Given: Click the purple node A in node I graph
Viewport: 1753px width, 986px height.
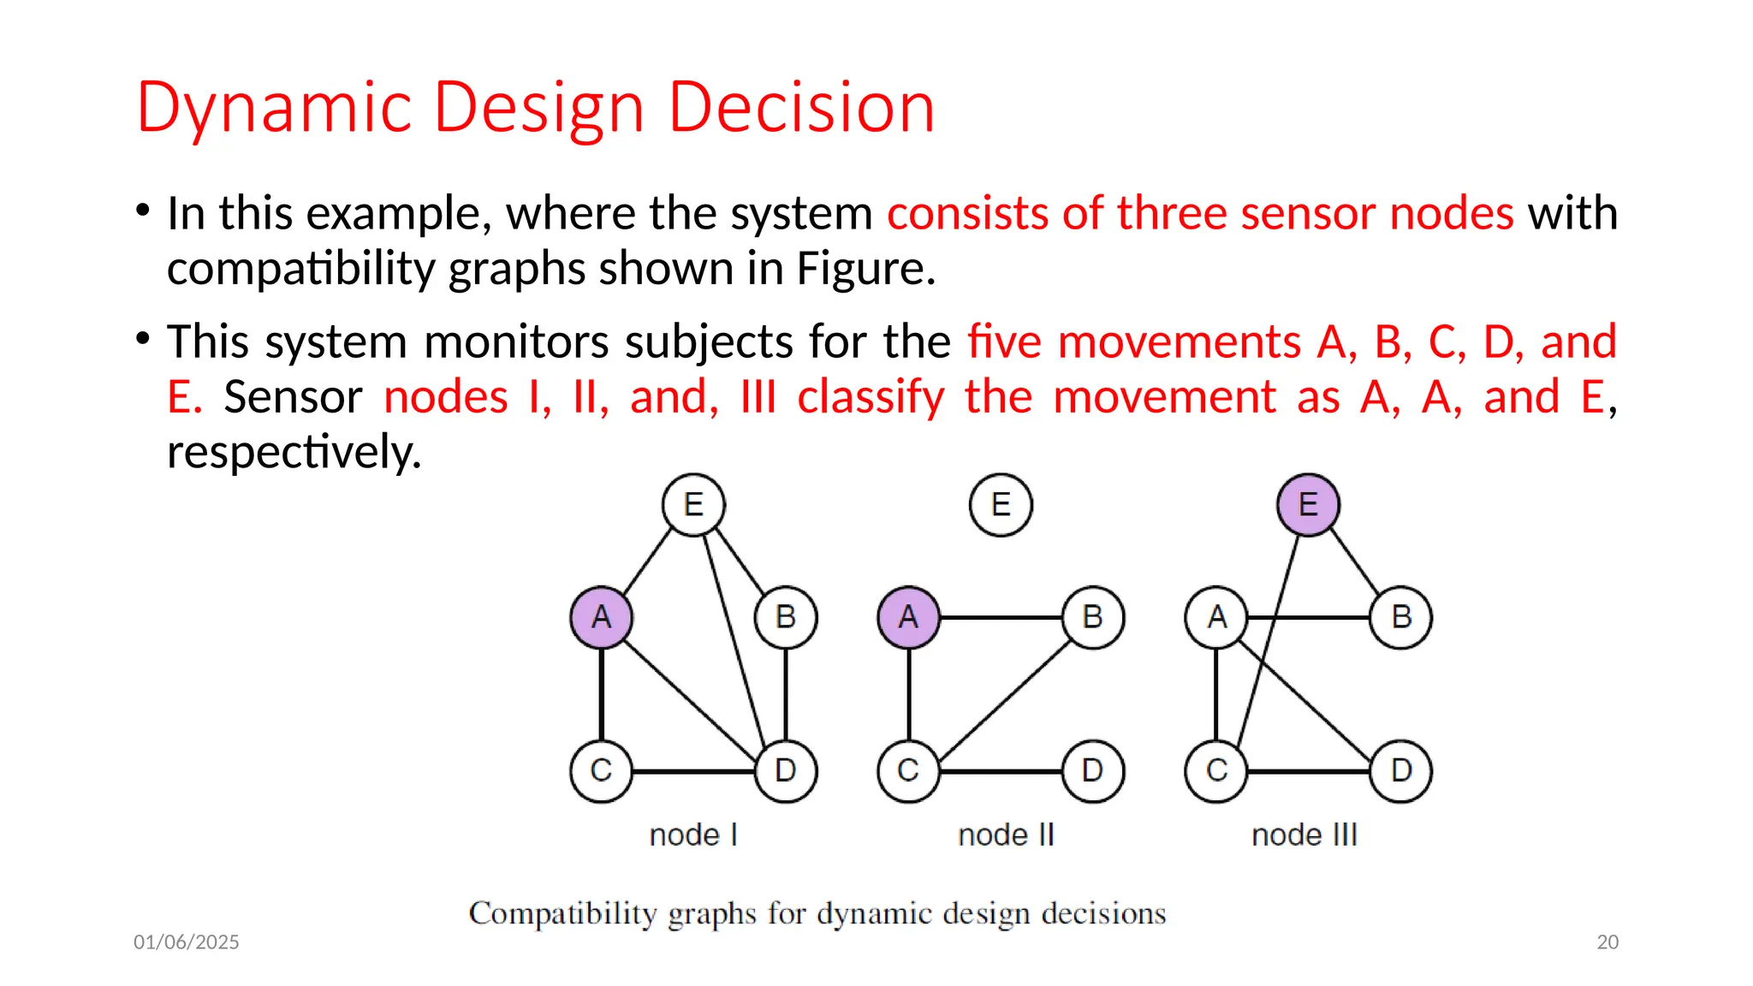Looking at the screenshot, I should pos(601,617).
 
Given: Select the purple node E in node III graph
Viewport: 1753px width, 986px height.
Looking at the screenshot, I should pos(1308,504).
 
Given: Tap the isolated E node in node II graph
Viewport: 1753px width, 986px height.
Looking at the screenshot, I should pos(1001,504).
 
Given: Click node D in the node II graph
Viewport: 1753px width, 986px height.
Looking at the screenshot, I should pos(1092,770).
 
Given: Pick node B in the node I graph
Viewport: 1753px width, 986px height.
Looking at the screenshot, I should pos(786,617).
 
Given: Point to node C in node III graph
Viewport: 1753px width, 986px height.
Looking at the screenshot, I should pos(1216,770).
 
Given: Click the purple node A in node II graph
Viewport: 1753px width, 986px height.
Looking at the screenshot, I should pos(908,617).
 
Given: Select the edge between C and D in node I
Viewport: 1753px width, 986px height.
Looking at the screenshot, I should pos(693,771).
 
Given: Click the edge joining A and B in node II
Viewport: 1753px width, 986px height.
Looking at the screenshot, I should pos(1001,617).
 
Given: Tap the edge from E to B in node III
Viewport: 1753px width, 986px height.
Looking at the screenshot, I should pos(1354,561).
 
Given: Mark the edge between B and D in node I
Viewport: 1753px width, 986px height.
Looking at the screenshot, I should pos(786,693).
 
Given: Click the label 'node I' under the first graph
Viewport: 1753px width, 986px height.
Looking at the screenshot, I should pos(693,835).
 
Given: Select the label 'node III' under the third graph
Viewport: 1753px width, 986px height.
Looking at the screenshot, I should pos(1304,835).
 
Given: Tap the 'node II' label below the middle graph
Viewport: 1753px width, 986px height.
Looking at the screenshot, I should pos(1006,835).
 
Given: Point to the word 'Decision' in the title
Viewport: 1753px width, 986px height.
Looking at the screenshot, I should pos(801,108).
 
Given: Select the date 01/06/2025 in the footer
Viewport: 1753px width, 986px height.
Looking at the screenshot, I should pos(186,941).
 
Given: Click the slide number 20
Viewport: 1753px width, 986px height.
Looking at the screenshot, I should pos(1607,941).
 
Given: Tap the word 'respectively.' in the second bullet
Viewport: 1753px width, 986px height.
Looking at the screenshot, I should pos(294,452).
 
